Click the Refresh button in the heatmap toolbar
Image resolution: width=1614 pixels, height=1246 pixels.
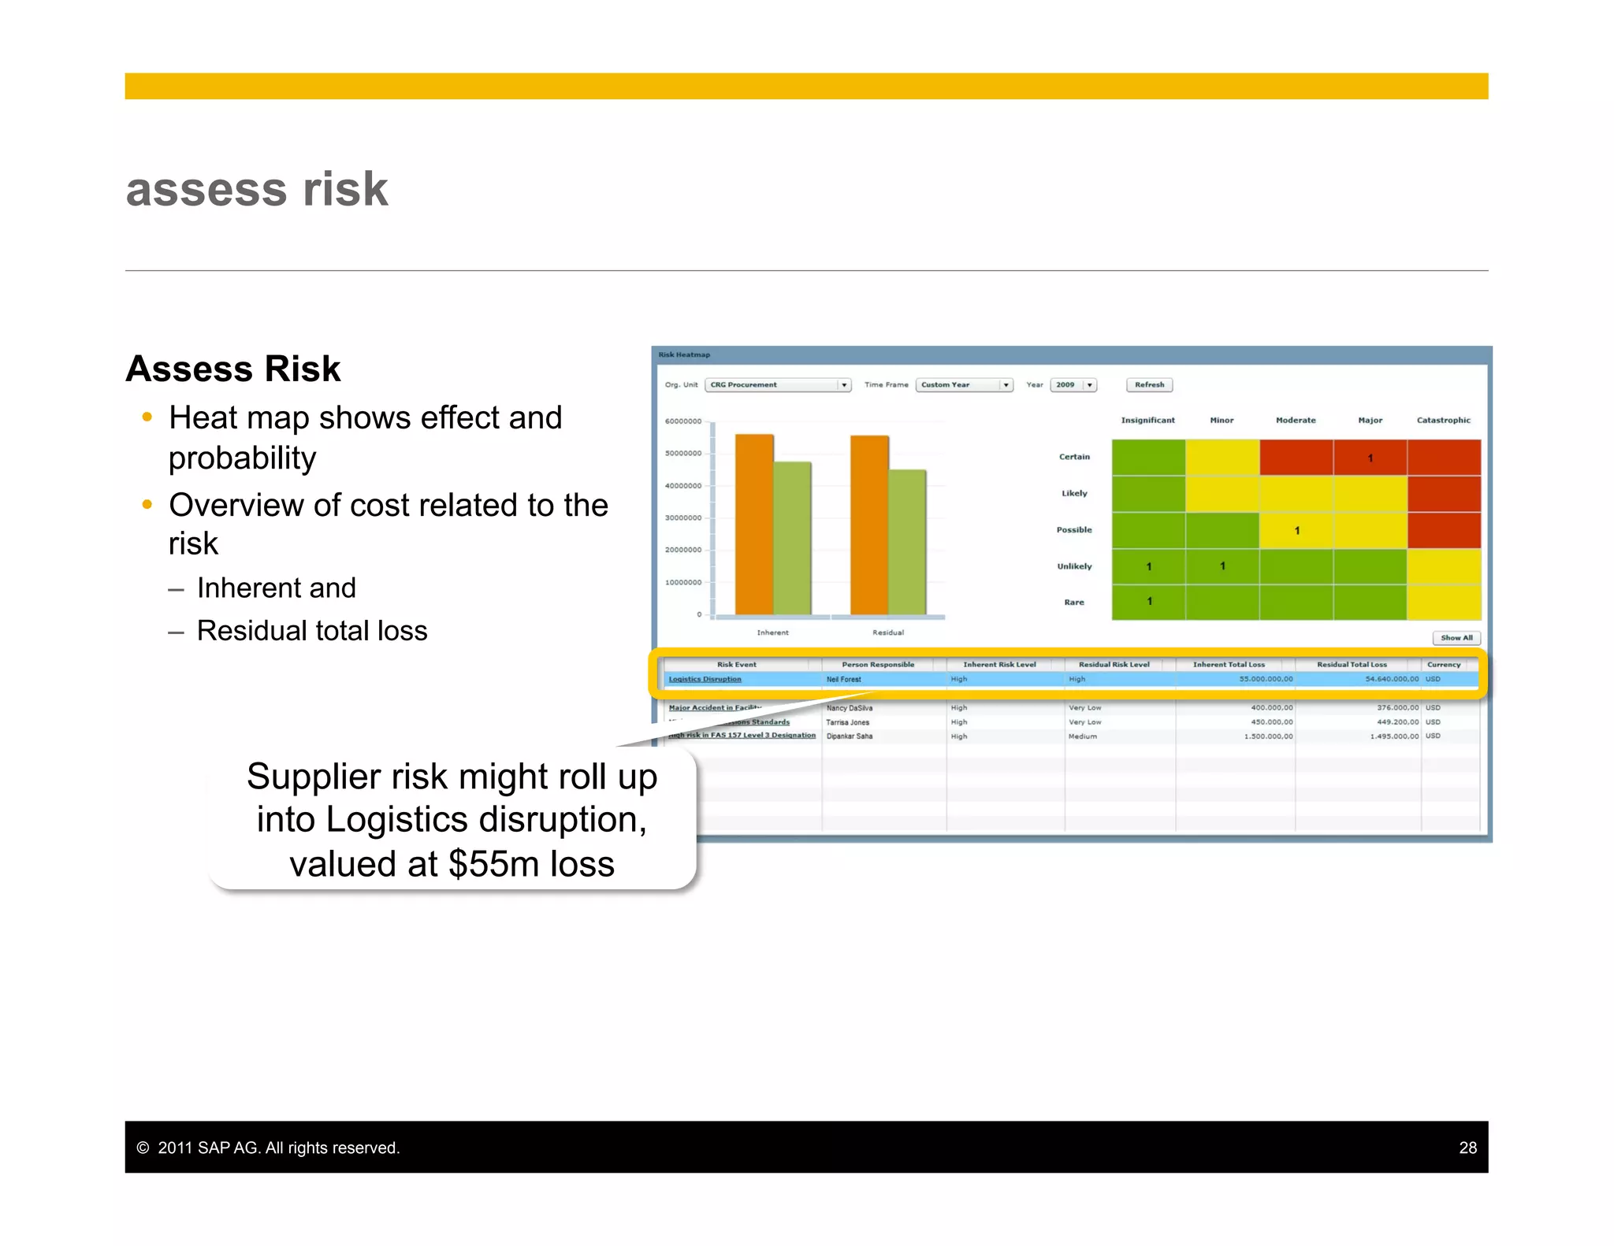(1149, 385)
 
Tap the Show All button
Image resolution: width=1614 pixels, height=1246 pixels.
(1456, 638)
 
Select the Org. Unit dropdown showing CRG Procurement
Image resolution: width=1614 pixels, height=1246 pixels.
(777, 385)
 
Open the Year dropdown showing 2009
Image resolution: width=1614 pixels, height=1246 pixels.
(1073, 385)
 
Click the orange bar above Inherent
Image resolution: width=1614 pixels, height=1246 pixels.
(754, 524)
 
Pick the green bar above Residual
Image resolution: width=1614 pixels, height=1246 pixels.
(907, 542)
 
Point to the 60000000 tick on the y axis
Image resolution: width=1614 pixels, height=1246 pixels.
(682, 421)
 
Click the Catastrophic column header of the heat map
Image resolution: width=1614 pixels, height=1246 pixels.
(1443, 421)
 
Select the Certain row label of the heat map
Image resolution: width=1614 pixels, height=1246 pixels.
(1074, 457)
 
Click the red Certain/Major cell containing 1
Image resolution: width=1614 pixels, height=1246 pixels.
(1370, 458)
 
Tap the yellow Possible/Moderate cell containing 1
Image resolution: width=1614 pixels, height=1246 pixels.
(1296, 530)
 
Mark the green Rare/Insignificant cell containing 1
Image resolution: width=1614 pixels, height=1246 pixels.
(1149, 602)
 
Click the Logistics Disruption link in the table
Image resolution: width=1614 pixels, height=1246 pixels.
(705, 679)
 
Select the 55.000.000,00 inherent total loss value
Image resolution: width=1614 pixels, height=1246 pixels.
(1266, 679)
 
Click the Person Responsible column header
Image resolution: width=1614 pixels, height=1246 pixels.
(878, 665)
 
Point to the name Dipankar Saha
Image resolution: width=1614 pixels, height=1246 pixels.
(849, 736)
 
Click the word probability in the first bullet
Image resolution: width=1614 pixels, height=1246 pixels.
(242, 458)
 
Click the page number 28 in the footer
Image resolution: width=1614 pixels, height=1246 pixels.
(1467, 1148)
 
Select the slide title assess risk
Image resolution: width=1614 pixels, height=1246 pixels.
(257, 189)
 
